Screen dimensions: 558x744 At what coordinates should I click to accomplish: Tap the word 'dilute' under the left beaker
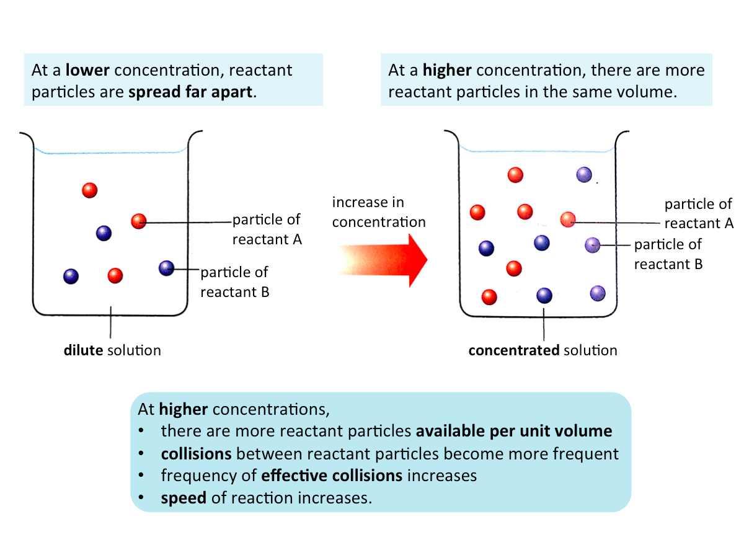click(83, 350)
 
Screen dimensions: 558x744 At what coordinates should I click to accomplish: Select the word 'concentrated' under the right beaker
click(513, 350)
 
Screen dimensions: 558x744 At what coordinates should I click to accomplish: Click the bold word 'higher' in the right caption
click(447, 70)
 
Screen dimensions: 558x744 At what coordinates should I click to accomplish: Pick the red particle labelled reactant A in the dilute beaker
click(139, 221)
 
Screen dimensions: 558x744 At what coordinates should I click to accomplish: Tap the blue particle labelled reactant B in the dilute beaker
click(166, 268)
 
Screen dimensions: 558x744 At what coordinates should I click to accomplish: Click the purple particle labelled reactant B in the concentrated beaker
click(593, 245)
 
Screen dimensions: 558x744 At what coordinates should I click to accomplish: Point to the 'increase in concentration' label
click(378, 212)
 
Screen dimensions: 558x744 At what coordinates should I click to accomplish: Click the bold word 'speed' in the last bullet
click(184, 498)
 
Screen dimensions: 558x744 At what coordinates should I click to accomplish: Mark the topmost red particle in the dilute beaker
click(90, 190)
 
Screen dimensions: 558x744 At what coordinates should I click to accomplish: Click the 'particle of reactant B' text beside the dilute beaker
click(235, 281)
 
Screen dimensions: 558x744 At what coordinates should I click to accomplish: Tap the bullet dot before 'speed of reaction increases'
click(142, 498)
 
